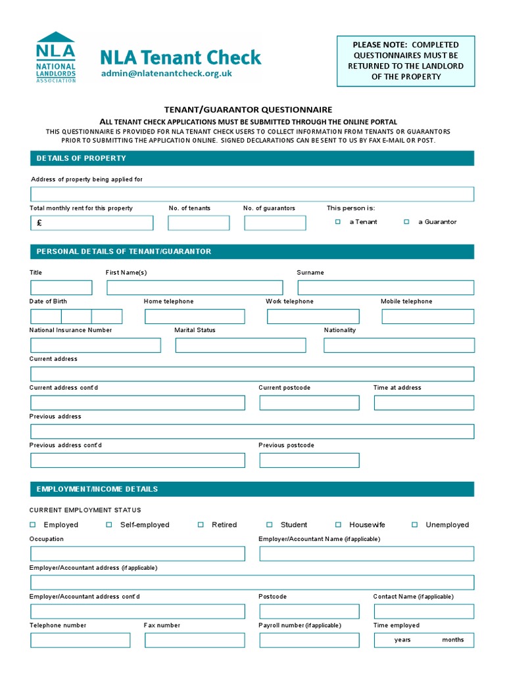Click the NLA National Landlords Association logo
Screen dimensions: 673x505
point(56,57)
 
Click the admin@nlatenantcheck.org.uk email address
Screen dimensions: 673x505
point(166,74)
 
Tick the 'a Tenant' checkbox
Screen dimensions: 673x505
point(338,222)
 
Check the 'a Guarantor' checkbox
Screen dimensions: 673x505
point(406,222)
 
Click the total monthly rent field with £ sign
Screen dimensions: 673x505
point(91,223)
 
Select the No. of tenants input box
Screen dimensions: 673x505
point(199,223)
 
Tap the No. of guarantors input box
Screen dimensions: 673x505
point(275,223)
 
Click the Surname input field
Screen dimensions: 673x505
point(385,287)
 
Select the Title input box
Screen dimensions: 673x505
point(61,287)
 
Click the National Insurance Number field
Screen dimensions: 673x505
point(95,345)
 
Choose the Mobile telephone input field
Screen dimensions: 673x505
point(427,316)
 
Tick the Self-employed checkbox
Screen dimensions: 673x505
point(109,524)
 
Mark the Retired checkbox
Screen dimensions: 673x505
point(201,524)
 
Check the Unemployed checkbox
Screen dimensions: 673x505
point(415,524)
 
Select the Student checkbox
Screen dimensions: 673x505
point(270,524)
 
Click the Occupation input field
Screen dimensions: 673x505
point(137,553)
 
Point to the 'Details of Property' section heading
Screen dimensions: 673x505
point(82,158)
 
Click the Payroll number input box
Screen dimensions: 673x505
point(309,640)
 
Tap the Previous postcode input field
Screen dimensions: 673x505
point(309,460)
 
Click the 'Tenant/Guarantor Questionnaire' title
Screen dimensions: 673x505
point(248,110)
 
